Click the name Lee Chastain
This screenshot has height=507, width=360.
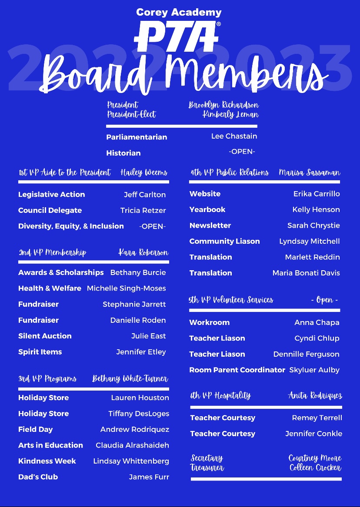pyautogui.click(x=234, y=136)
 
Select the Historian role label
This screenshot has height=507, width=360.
pyautogui.click(x=123, y=153)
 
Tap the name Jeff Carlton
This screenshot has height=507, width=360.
pyautogui.click(x=145, y=195)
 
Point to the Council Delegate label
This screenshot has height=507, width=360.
pyautogui.click(x=50, y=210)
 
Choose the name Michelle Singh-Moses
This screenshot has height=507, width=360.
pyautogui.click(x=126, y=288)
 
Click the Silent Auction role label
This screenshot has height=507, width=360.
pyautogui.click(x=45, y=336)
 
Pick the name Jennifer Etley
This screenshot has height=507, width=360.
pyautogui.click(x=141, y=352)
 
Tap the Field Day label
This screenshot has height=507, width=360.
pyautogui.click(x=35, y=429)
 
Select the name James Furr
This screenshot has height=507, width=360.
pyautogui.click(x=149, y=477)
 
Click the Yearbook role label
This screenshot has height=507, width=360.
pyautogui.click(x=207, y=209)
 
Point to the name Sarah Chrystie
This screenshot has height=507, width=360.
pyautogui.click(x=313, y=225)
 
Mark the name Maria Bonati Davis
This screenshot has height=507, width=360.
pyautogui.click(x=306, y=273)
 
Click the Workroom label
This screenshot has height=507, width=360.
pyautogui.click(x=209, y=322)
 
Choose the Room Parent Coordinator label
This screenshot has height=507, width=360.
pyautogui.click(x=237, y=370)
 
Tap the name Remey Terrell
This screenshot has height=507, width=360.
pyautogui.click(x=317, y=418)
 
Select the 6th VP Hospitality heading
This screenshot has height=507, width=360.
pyautogui.click(x=220, y=396)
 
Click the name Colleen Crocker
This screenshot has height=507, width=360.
pyautogui.click(x=315, y=468)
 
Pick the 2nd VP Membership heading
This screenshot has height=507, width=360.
pyautogui.click(x=52, y=253)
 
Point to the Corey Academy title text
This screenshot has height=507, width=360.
pyautogui.click(x=179, y=12)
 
